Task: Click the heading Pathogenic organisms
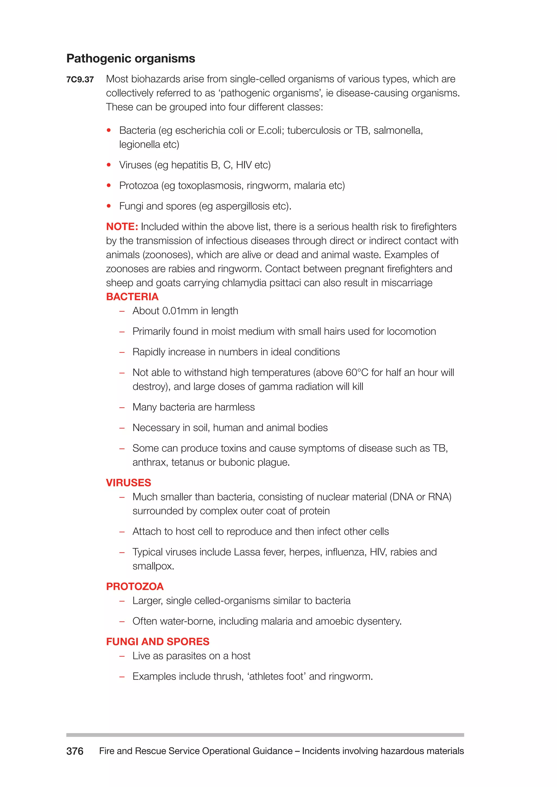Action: (130, 59)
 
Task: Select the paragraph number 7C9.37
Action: (80, 80)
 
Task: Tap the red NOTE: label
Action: (122, 227)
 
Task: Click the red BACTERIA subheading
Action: (132, 296)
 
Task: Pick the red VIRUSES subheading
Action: (128, 483)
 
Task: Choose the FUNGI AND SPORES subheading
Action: (157, 642)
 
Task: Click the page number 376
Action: (75, 751)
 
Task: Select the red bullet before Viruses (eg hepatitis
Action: (109, 165)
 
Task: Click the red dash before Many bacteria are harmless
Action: (122, 407)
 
